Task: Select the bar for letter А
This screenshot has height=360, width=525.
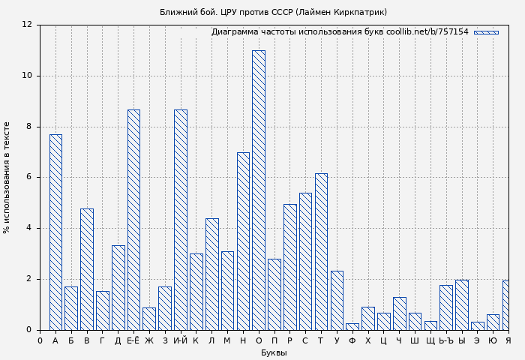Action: pos(55,232)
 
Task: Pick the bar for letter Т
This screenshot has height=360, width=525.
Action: pos(321,251)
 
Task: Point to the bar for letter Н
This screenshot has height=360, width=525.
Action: pos(243,241)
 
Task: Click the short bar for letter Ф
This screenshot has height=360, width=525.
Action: pos(352,326)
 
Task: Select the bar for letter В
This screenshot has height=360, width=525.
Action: pos(87,269)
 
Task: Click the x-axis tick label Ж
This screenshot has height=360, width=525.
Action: pos(149,341)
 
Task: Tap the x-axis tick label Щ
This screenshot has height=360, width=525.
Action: pos(430,341)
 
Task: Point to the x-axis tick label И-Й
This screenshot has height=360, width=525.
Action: pos(180,341)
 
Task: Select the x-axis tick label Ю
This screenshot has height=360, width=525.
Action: pos(493,341)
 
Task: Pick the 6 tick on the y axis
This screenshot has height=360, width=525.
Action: pos(29,178)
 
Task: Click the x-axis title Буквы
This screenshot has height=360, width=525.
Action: pos(274,353)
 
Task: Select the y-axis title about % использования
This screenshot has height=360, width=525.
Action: pos(7,177)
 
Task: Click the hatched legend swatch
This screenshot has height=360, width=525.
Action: pos(486,32)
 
